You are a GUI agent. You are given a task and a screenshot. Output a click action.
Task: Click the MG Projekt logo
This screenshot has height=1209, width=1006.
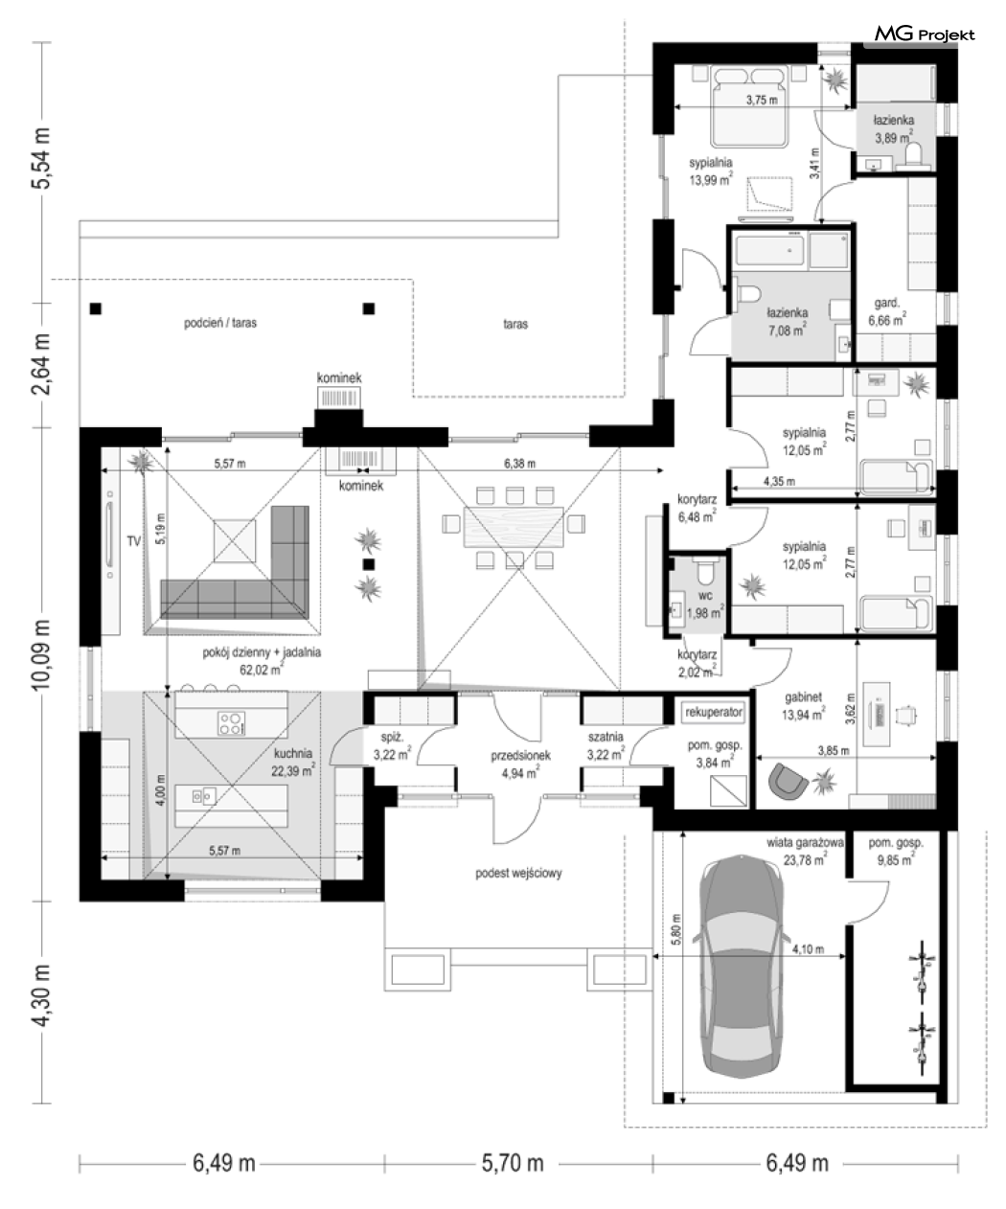[924, 34]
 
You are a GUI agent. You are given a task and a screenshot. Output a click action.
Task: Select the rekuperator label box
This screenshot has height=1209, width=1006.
[714, 712]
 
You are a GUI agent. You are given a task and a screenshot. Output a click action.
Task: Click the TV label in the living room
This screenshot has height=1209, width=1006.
[134, 541]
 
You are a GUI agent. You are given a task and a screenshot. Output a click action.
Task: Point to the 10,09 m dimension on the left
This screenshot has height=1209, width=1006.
[41, 654]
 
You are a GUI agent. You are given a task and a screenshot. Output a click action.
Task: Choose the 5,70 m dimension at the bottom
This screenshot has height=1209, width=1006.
[513, 1163]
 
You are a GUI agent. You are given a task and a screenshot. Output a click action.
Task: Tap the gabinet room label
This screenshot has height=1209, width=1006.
[803, 697]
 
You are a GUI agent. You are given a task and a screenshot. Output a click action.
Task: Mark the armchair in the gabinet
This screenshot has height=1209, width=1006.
[788, 780]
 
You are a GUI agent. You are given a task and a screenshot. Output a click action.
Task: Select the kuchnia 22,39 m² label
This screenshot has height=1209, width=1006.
[293, 762]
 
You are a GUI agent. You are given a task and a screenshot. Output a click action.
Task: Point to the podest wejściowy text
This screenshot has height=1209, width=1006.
[518, 873]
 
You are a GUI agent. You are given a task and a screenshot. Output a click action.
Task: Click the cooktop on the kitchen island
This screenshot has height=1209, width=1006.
[232, 723]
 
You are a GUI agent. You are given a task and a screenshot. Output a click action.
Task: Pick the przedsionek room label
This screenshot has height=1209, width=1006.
[520, 756]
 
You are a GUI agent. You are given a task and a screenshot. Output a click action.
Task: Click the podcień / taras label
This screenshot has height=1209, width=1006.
[220, 323]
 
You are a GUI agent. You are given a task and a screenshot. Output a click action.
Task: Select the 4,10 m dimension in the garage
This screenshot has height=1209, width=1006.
[808, 949]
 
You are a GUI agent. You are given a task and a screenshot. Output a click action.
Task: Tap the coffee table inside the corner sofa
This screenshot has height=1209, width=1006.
[234, 541]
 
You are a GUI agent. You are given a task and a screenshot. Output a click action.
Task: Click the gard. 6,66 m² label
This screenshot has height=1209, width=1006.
[887, 311]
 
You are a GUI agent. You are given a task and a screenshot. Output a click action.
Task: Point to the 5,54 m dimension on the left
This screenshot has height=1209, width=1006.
[41, 157]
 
